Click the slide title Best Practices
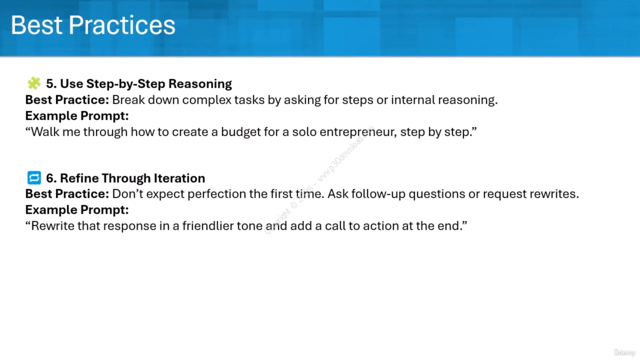(x=93, y=25)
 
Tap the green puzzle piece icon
(x=33, y=83)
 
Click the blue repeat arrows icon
(x=34, y=177)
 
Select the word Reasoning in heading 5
(x=200, y=83)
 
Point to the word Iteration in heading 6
(x=179, y=178)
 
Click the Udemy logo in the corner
(x=624, y=352)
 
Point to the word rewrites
(x=554, y=194)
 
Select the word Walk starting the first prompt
(x=45, y=132)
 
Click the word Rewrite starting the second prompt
(x=53, y=225)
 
